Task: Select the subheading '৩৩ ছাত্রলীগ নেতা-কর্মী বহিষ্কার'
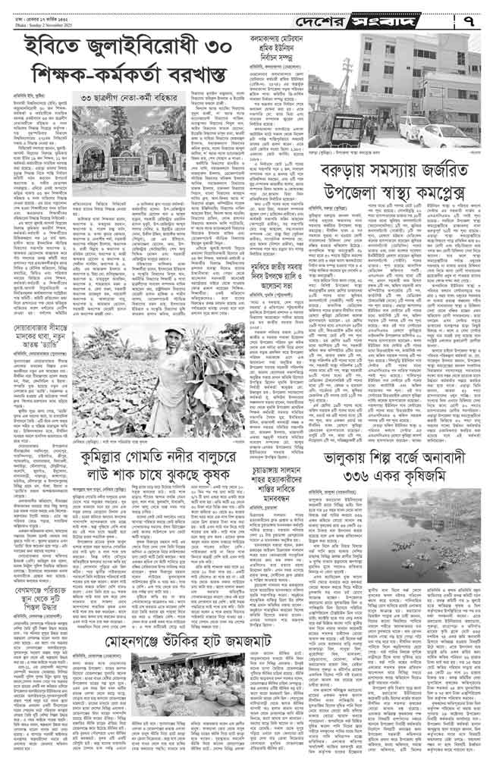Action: point(137,100)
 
